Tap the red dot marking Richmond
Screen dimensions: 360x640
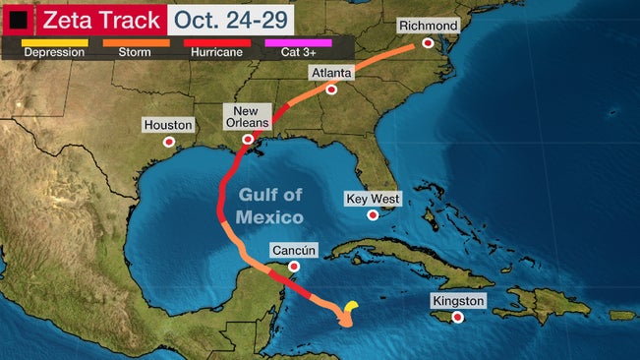(428, 43)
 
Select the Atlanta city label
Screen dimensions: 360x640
(330, 73)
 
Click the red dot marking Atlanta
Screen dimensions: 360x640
(332, 90)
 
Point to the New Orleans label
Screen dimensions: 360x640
(247, 116)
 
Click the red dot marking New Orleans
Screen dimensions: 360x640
(249, 141)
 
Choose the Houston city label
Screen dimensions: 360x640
(168, 125)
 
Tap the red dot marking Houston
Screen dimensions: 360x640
(169, 143)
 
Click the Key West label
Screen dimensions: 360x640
(373, 199)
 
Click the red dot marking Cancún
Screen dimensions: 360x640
(293, 267)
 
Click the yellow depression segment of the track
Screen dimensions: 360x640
(352, 307)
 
